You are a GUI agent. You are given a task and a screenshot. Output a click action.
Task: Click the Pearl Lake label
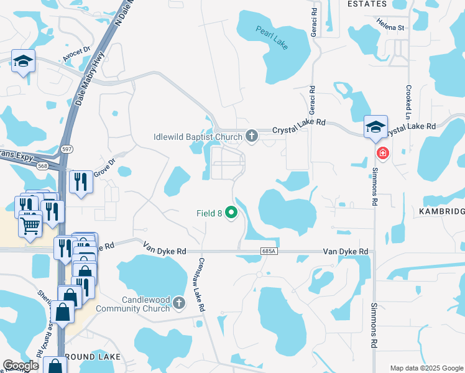(x=272, y=37)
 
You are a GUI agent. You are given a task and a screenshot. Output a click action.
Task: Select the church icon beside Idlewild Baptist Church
(x=252, y=136)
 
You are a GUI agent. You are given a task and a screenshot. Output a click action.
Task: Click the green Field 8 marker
(x=232, y=213)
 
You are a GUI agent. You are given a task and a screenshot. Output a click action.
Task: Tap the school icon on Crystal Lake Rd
(x=375, y=126)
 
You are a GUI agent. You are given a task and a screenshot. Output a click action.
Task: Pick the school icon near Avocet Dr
(x=23, y=60)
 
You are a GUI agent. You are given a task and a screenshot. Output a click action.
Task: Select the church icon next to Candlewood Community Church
(x=179, y=303)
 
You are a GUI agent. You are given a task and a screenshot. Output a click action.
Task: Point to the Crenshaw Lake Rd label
(x=201, y=285)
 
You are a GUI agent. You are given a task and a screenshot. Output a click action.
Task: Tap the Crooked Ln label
(x=408, y=103)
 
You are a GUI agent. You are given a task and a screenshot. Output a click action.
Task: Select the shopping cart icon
(x=29, y=226)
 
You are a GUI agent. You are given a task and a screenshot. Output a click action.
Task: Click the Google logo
(x=20, y=366)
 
